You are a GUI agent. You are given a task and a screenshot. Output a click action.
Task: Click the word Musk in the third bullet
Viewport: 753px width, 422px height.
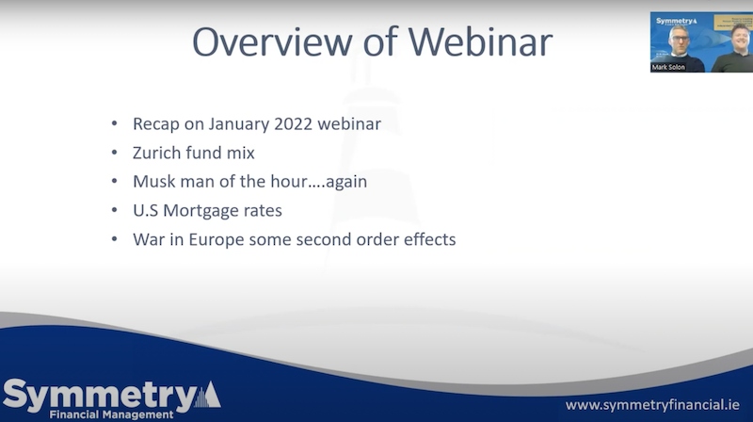point(154,182)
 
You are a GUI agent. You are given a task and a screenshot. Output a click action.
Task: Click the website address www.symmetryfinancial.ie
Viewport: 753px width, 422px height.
point(652,405)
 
